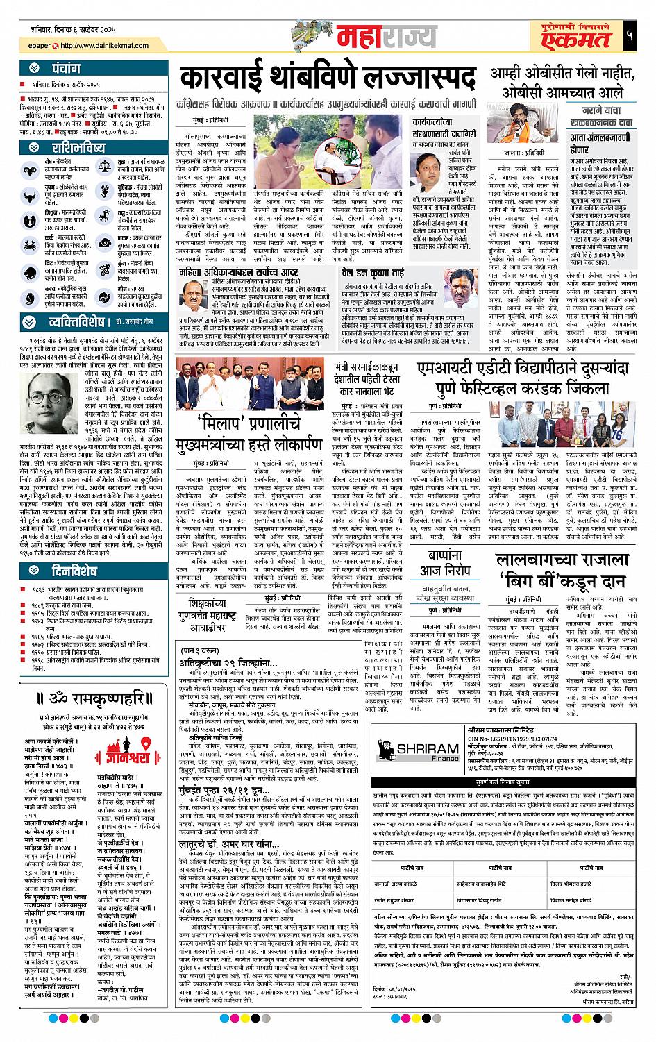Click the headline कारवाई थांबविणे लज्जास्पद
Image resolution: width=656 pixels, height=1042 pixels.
tap(326, 78)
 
